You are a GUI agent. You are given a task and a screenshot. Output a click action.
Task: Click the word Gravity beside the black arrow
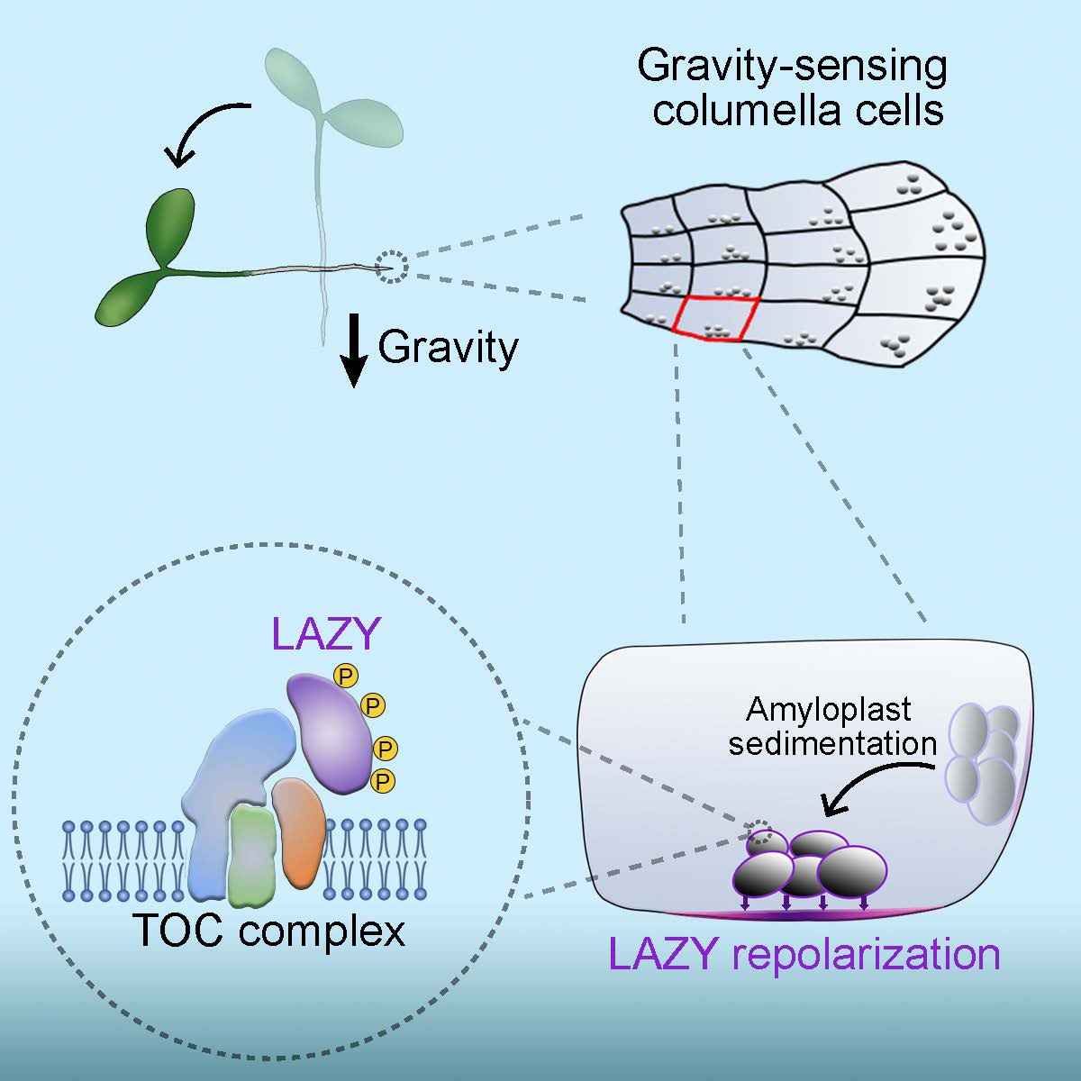448,347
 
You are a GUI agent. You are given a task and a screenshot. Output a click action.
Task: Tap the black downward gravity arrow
355,354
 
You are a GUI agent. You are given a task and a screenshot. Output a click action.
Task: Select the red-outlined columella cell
713,319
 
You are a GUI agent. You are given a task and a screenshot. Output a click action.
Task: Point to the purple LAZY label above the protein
323,636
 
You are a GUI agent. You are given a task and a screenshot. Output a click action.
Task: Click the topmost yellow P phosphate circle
343,674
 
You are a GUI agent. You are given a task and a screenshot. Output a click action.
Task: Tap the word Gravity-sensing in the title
793,68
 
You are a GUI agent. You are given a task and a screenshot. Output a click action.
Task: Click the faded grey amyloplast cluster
986,762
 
